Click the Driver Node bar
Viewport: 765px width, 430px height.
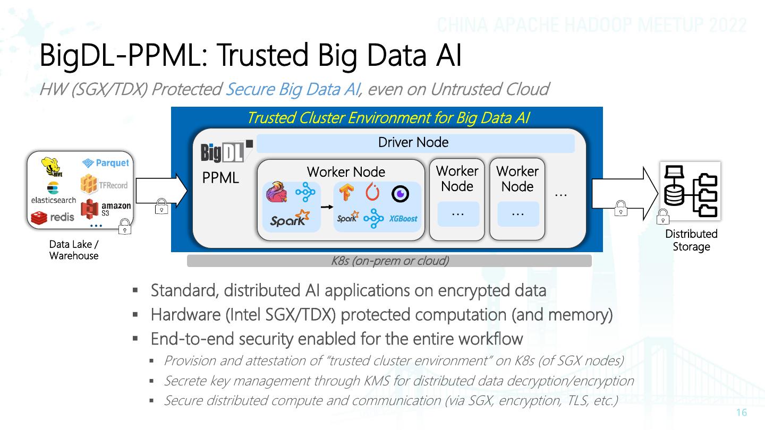coord(415,143)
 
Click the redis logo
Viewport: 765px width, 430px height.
coord(53,218)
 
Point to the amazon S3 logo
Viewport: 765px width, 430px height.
coord(106,209)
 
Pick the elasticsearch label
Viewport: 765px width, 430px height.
coord(54,200)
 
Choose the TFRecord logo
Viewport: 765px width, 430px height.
coord(104,184)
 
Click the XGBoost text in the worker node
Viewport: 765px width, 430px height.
coord(403,219)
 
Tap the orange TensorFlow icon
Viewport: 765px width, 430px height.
coord(346,192)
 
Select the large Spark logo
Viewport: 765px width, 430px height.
coord(290,218)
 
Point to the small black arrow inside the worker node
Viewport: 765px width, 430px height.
coord(327,207)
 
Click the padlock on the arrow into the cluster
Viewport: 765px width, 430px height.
coord(161,207)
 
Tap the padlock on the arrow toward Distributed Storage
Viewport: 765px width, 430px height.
coord(621,208)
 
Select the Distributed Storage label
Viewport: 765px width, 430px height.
coord(691,240)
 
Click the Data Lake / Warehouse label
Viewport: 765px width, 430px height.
coord(74,250)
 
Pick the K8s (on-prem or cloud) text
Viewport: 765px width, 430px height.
coord(390,261)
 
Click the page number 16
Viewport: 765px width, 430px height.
coord(742,412)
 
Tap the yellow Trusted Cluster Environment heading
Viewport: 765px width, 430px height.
coord(388,118)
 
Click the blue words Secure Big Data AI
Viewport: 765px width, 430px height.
coord(293,89)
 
